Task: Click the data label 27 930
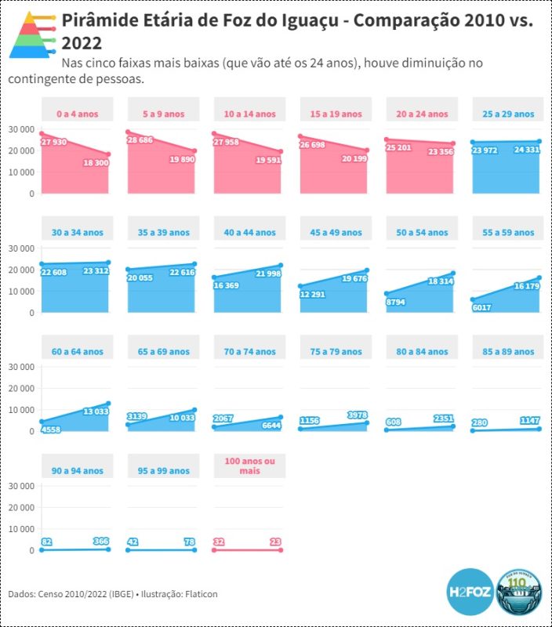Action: click(55, 142)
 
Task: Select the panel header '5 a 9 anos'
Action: click(163, 114)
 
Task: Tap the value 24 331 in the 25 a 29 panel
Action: click(527, 149)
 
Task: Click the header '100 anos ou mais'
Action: click(249, 466)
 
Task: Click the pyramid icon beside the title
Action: click(32, 35)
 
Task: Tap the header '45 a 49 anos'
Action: click(336, 233)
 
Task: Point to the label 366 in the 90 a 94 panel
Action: click(100, 541)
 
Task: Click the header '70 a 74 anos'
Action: click(249, 352)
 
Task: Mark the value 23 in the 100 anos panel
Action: click(274, 541)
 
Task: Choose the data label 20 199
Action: click(354, 158)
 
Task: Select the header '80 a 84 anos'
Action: click(422, 352)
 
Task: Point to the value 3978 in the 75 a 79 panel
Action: click(356, 415)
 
